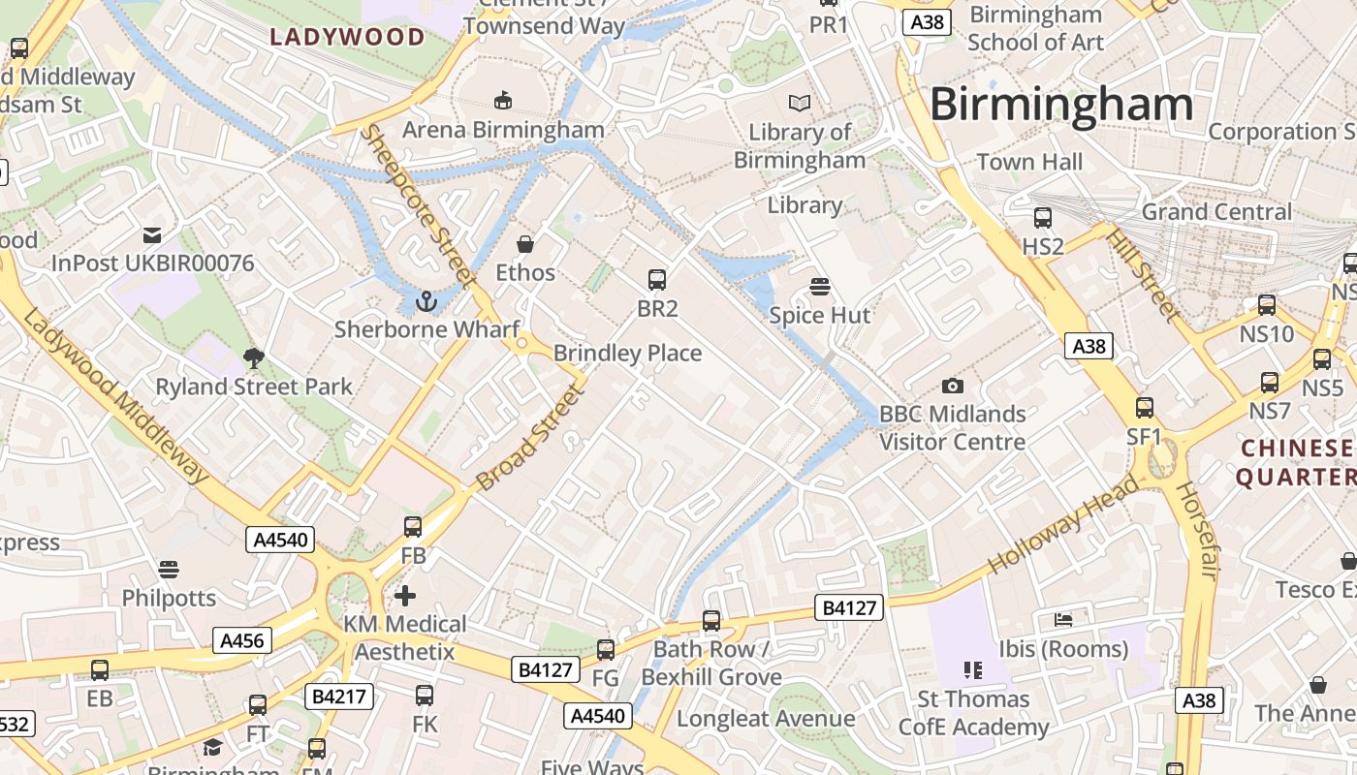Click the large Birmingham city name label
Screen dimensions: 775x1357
pos(1060,104)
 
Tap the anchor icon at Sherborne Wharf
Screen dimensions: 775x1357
pos(426,303)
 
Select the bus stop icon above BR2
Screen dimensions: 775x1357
pos(657,280)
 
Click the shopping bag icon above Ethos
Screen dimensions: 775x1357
pos(525,243)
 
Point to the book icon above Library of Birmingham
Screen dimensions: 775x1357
pos(799,103)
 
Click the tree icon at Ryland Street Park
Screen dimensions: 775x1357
pos(254,358)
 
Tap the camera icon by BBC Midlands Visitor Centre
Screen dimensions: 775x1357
pos(952,386)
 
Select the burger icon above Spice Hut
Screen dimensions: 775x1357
pos(820,286)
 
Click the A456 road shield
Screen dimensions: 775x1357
pos(242,640)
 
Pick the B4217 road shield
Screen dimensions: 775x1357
pos(338,696)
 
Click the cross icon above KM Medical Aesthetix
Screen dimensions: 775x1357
pos(405,595)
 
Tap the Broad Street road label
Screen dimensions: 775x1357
pos(531,436)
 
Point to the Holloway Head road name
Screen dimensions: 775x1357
pos(1062,526)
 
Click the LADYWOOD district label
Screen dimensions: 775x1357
pos(347,38)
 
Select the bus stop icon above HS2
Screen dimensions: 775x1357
pos(1043,218)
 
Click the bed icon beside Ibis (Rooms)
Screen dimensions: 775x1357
pos(1063,619)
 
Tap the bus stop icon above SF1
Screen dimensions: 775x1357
pos(1145,407)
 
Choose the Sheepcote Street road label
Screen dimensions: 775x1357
pos(416,205)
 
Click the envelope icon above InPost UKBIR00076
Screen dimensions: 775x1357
pos(152,234)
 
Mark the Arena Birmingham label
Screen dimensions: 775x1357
pos(503,130)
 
